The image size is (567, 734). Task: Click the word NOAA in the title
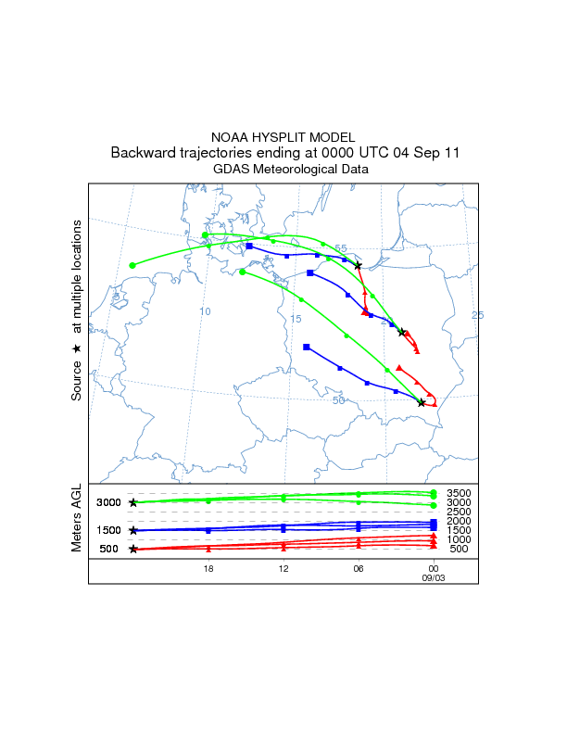(x=232, y=136)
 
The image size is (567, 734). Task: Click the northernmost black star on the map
(x=358, y=266)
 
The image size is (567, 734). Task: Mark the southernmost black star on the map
(x=422, y=403)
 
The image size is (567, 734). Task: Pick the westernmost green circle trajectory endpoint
(x=132, y=265)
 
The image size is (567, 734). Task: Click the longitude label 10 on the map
(x=206, y=311)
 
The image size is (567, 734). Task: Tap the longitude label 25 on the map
(x=477, y=315)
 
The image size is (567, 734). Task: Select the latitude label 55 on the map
(x=341, y=248)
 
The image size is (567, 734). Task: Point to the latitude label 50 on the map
(x=339, y=399)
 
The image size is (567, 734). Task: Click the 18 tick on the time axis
(x=208, y=567)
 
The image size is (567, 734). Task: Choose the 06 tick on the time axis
(x=359, y=567)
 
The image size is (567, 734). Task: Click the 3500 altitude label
(x=460, y=493)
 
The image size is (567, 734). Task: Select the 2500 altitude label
(x=460, y=512)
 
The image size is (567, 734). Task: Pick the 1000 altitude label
(x=460, y=539)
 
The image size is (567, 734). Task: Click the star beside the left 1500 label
(x=133, y=531)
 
